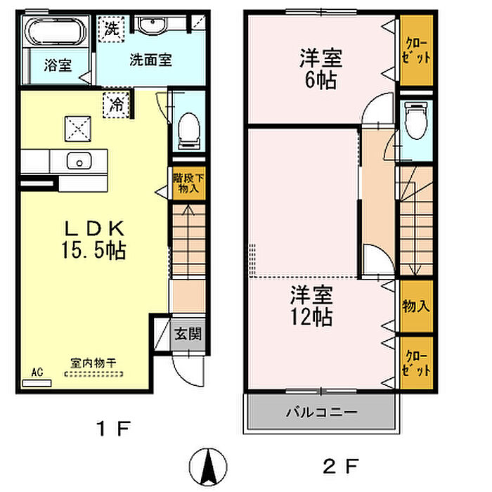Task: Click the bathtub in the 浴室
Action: pos(56,32)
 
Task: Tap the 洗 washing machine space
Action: pos(111,29)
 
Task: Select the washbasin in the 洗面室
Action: pos(153,24)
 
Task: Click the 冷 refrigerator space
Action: pos(116,105)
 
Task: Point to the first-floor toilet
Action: pos(189,130)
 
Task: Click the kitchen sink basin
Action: pos(79,161)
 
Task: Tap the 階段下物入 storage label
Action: pos(188,183)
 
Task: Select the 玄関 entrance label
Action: pos(188,334)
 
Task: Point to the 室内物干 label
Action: pos(93,363)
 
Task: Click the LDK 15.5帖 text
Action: pos(93,240)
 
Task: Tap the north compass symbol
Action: pos(208,466)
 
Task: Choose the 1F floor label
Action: pos(113,429)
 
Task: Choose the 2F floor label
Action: pos(340,466)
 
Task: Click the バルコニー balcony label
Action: pos(322,412)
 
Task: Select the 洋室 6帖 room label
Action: pos(321,69)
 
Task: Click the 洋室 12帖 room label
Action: pos(311,306)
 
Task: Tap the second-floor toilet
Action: pos(416,120)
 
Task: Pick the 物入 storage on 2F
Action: pos(416,306)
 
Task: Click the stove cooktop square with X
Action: pos(78,129)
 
